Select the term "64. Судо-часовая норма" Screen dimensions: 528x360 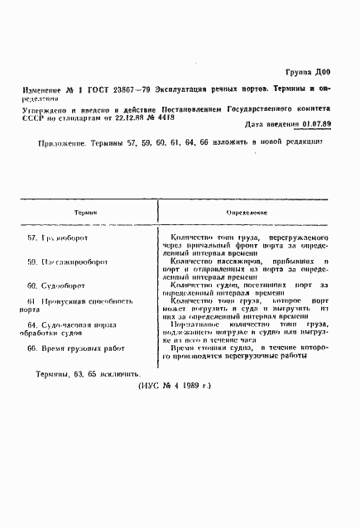[x=80, y=324]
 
